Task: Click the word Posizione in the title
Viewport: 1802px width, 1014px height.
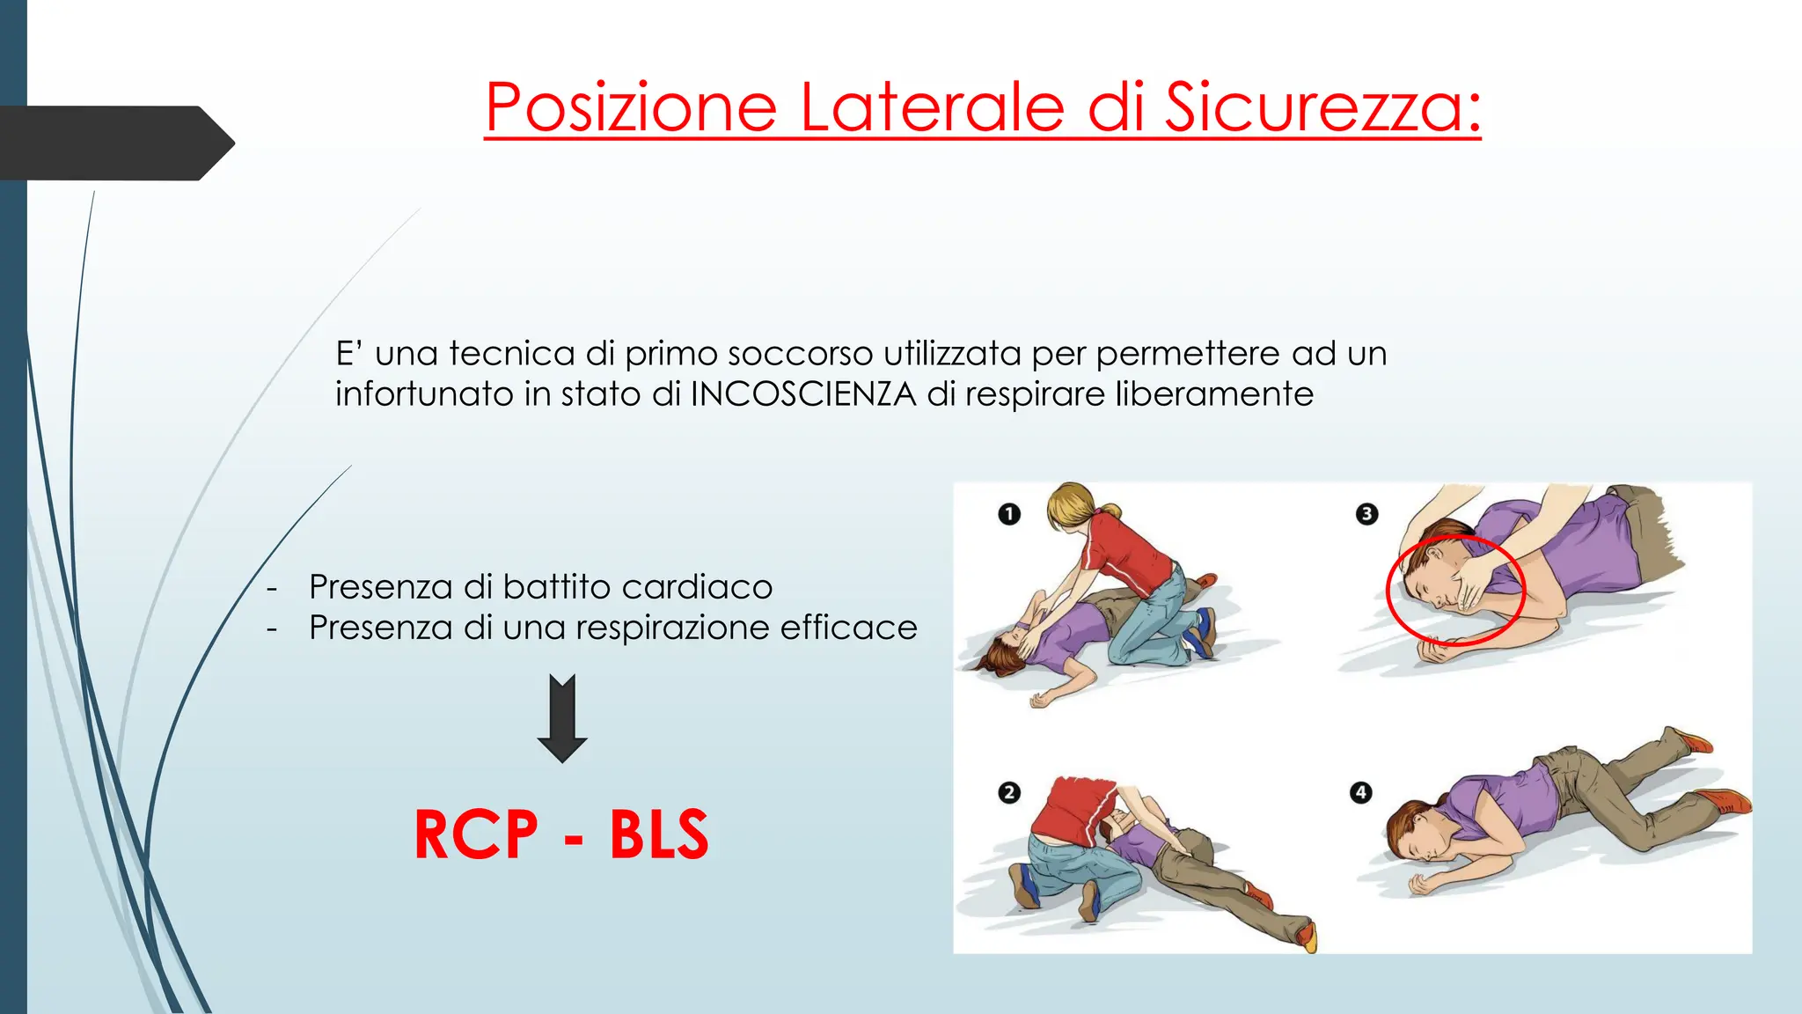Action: tap(631, 107)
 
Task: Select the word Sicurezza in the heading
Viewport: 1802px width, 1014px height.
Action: tap(1322, 107)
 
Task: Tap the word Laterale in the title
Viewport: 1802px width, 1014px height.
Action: tap(932, 107)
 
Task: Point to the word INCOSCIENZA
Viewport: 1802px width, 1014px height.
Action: tap(803, 393)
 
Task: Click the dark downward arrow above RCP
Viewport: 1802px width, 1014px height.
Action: tap(562, 717)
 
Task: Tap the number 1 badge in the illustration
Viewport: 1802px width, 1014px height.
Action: tap(1009, 513)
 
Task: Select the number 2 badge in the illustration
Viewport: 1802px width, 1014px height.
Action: tap(1009, 792)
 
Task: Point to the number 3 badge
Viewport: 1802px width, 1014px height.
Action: tap(1366, 513)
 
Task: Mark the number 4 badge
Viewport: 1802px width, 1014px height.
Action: tap(1360, 792)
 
